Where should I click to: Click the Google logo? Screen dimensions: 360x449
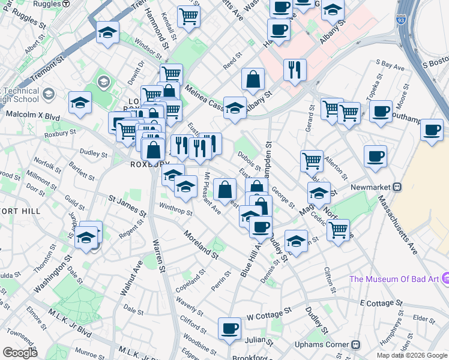(20, 352)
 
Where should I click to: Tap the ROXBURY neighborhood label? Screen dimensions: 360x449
(143, 164)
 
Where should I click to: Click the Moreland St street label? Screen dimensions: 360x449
(200, 244)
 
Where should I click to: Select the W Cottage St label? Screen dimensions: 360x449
(269, 314)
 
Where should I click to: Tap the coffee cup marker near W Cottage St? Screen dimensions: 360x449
(229, 328)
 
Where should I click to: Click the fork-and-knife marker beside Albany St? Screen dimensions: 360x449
(295, 70)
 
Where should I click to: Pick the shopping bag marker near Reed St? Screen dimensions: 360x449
(253, 78)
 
